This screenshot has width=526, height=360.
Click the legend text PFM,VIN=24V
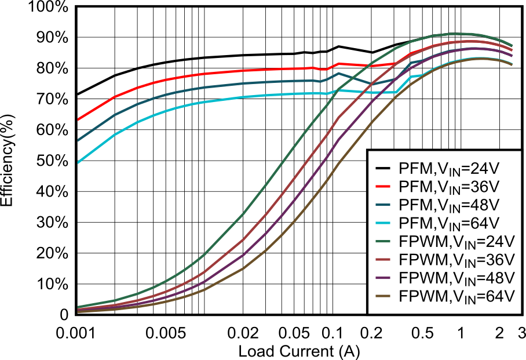448,169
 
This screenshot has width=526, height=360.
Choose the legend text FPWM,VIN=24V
456,241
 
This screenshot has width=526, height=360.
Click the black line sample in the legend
382,169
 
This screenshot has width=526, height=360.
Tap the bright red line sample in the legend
382,187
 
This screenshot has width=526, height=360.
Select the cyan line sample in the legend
382,223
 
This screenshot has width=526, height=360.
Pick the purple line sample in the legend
382,278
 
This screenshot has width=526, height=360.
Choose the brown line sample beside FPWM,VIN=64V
382,296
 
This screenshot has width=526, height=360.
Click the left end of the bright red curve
78,121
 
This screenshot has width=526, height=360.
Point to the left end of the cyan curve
78,163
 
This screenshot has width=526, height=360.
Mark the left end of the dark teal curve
78,140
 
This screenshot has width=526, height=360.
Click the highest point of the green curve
463,34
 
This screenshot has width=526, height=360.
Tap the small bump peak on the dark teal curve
339,73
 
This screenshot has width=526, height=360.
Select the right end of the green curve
512,45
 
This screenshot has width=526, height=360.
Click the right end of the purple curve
512,56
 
